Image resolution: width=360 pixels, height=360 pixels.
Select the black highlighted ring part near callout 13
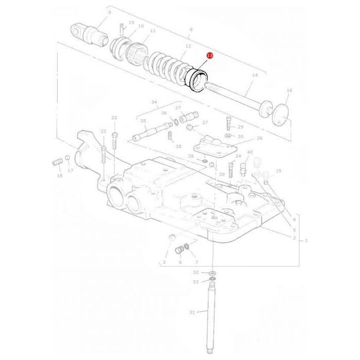coord(196,80)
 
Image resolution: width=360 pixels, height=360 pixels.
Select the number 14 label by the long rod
coord(254,75)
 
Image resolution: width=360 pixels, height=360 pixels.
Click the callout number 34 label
coord(154,102)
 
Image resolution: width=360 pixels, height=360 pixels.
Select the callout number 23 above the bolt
coord(114,118)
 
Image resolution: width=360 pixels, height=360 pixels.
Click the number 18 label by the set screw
coord(60,176)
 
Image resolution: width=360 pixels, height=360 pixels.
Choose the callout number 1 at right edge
coord(307,240)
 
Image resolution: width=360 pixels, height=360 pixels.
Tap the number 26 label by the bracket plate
coord(259,138)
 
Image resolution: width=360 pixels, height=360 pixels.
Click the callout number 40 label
coord(250,152)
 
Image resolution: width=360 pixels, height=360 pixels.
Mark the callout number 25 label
coord(278,171)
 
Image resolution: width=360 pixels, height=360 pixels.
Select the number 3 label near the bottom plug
coord(165,262)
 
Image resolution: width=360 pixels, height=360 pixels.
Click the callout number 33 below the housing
coord(196,282)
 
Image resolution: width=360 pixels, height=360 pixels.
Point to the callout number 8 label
coord(191,30)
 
